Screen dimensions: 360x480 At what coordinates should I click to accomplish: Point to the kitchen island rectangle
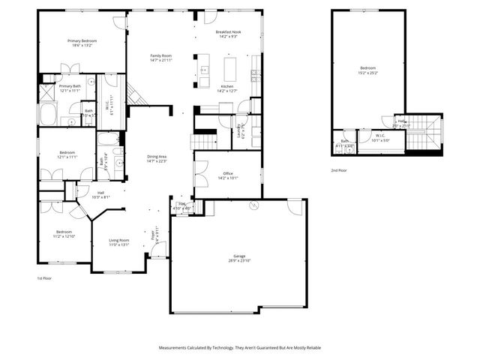(x=229, y=69)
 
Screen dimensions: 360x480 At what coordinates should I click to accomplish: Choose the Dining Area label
(x=156, y=158)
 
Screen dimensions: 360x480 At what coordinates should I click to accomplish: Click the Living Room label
(x=120, y=241)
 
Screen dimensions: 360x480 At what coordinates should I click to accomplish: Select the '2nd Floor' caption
(x=339, y=170)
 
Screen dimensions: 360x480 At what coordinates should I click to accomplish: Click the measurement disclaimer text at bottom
(x=239, y=348)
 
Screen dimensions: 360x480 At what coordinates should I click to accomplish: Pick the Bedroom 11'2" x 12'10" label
(x=64, y=234)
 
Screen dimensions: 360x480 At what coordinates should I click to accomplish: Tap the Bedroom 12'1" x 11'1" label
(x=67, y=155)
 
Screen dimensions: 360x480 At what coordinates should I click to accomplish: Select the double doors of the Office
(x=199, y=175)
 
